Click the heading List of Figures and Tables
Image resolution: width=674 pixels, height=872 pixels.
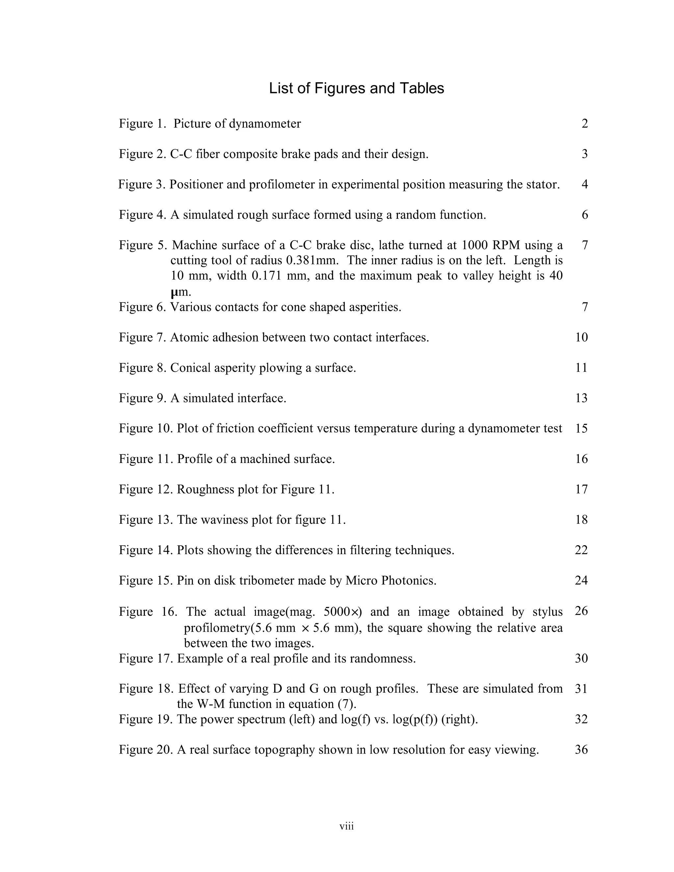coord(356,88)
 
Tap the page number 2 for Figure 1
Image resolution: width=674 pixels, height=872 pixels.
coord(584,124)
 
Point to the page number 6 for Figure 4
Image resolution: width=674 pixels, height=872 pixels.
coord(584,215)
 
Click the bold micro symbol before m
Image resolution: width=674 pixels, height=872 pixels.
coord(173,293)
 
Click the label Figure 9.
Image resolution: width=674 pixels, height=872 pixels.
coord(142,398)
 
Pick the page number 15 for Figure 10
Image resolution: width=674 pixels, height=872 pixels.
coord(582,428)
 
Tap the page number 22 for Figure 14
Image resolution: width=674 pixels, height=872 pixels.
coord(582,550)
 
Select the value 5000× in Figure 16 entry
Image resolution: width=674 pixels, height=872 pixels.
coord(342,612)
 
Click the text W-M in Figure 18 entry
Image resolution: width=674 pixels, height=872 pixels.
coord(210,704)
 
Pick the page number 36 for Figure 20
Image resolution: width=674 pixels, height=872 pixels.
coord(582,750)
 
